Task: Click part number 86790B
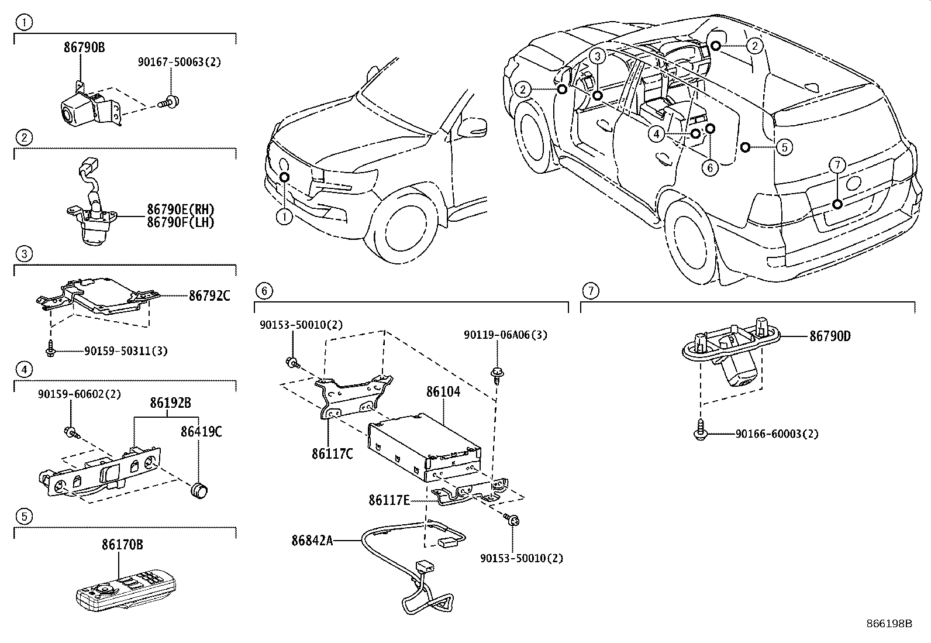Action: click(x=84, y=47)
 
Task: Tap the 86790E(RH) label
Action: click(x=180, y=209)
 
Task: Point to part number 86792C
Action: click(x=209, y=296)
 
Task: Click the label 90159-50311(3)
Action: click(x=125, y=351)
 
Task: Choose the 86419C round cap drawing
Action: click(x=201, y=489)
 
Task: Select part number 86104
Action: click(x=443, y=391)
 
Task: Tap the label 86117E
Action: click(x=389, y=500)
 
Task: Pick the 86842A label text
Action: click(x=312, y=541)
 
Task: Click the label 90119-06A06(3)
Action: click(x=505, y=335)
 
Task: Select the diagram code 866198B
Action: click(x=889, y=623)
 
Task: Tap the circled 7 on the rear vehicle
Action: click(x=837, y=166)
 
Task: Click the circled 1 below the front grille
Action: click(x=284, y=217)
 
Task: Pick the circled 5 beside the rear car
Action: click(x=784, y=146)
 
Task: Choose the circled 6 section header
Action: click(x=264, y=290)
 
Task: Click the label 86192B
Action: click(x=170, y=403)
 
